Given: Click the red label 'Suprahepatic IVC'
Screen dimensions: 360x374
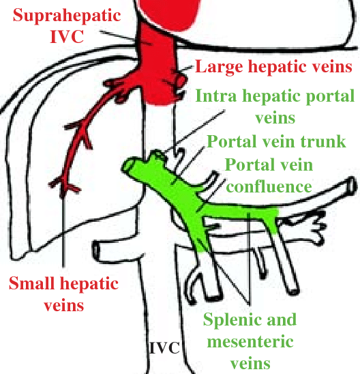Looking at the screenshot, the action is point(67,26).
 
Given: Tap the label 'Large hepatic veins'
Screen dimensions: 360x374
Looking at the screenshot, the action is point(274,67).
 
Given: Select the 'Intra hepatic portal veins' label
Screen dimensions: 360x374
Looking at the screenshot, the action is point(275,106).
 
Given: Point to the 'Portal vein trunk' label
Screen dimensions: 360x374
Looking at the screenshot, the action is point(276,142).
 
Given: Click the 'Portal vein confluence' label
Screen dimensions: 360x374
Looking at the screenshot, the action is point(269,175).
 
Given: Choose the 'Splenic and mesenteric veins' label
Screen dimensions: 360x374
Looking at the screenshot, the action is point(250,341).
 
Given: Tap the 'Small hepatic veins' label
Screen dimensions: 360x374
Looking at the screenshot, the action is point(64,293).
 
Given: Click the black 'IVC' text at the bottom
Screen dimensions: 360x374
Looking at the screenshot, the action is point(164,348).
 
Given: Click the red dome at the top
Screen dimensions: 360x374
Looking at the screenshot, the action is point(169,14).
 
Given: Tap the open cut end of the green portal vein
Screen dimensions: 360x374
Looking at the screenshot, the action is point(128,165).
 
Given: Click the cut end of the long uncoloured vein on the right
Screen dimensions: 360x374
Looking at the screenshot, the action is point(352,186).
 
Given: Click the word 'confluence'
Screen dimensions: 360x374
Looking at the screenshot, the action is point(269,187).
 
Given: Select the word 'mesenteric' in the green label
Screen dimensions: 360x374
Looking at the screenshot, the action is point(250,341).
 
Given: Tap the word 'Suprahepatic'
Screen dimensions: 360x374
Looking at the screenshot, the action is point(67,15).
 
